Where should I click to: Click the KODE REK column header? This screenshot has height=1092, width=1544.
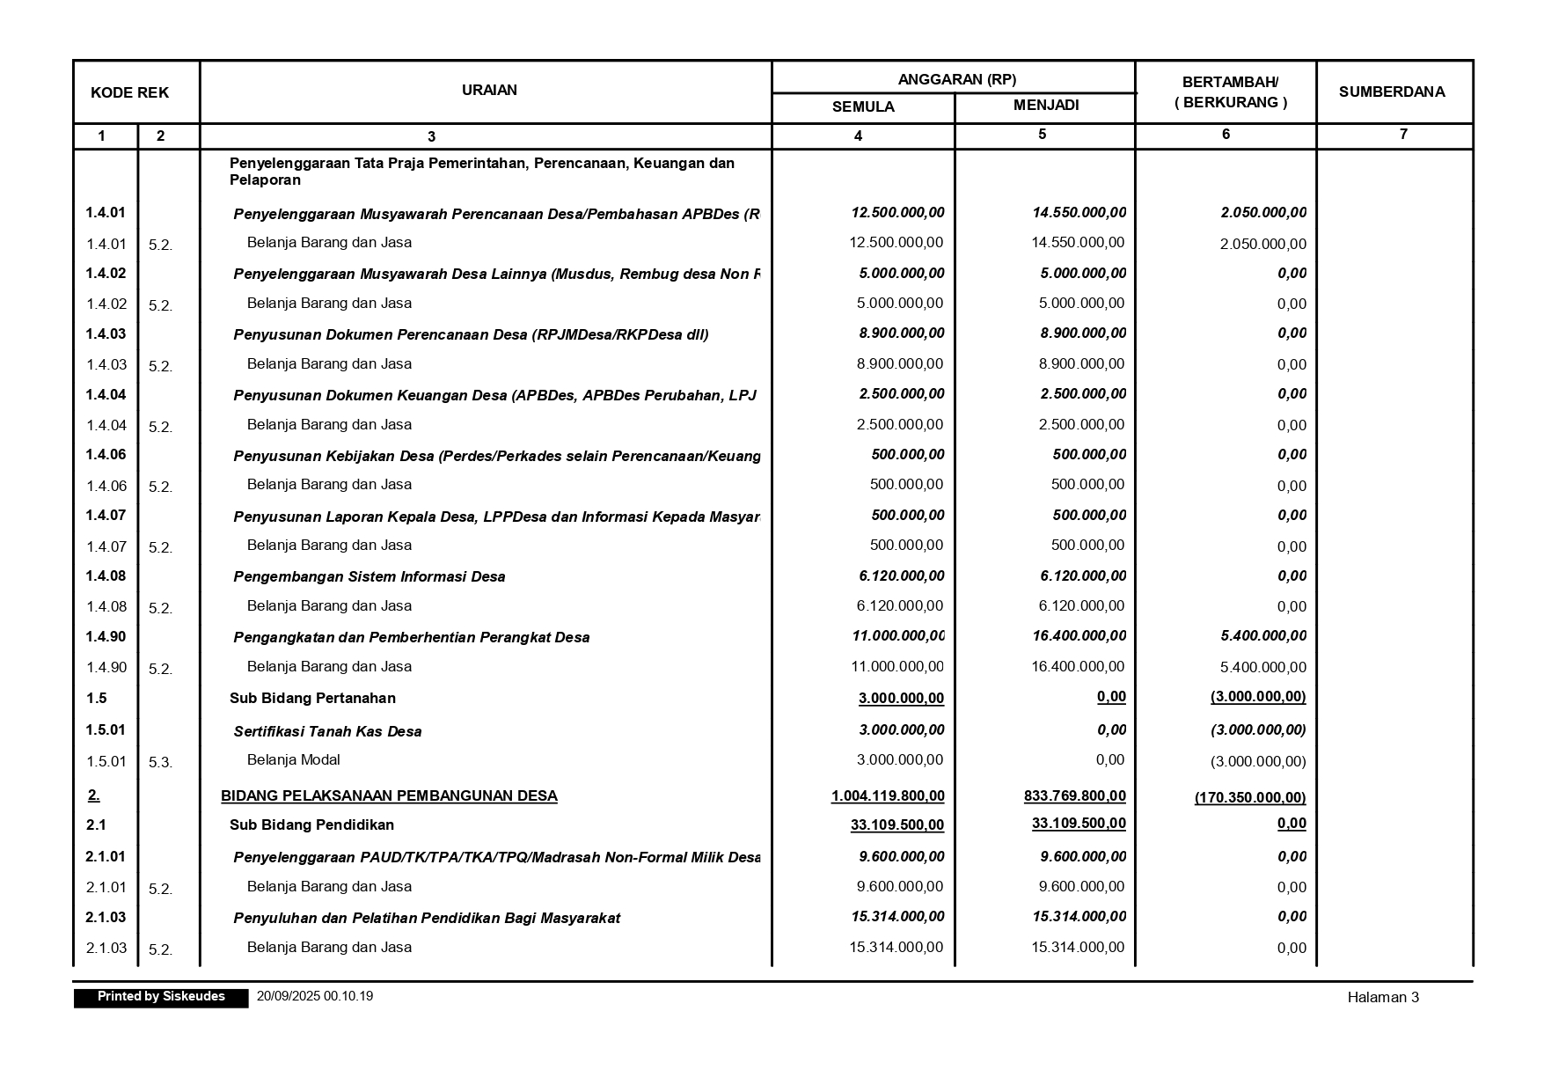click(129, 92)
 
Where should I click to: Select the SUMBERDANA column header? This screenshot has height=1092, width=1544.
click(1391, 92)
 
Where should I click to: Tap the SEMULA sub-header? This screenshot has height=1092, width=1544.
click(863, 107)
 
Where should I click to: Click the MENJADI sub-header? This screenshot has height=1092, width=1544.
click(1045, 106)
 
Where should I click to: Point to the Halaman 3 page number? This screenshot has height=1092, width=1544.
click(1382, 997)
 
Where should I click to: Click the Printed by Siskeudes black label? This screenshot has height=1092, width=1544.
click(161, 997)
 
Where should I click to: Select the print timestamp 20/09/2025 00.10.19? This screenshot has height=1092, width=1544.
click(315, 996)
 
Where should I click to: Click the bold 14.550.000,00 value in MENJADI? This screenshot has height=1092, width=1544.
click(1079, 213)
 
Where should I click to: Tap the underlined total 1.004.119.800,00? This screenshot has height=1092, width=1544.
click(888, 796)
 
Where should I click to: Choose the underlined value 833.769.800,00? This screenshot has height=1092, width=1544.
click(1074, 796)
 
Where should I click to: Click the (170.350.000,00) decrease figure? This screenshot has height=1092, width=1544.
click(1249, 798)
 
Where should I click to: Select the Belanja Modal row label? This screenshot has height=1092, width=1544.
click(293, 760)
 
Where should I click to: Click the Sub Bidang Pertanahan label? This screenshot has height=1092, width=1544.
click(312, 699)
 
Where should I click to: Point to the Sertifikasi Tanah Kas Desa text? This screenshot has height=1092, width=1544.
click(327, 731)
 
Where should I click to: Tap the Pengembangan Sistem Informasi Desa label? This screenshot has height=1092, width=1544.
click(369, 577)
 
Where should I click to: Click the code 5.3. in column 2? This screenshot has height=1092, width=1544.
click(160, 763)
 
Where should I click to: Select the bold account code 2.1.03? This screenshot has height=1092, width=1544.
click(106, 918)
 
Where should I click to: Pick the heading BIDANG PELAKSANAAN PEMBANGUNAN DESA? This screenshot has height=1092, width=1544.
click(389, 796)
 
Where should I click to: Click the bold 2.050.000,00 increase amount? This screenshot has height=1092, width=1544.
click(1262, 213)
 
